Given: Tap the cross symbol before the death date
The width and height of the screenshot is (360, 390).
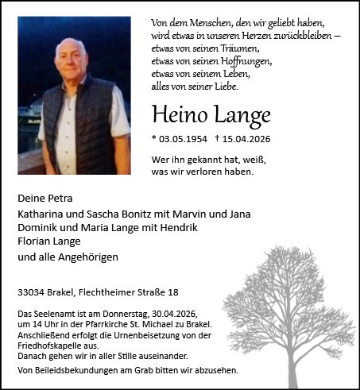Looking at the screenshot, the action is pyautogui.click(x=218, y=137).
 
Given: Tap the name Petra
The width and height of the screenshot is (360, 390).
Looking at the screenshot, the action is pyautogui.click(x=65, y=198).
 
